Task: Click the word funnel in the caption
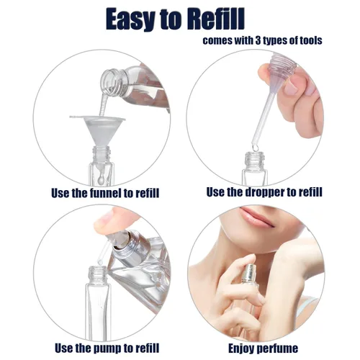tap(101, 193)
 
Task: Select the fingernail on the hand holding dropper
tap(292, 87)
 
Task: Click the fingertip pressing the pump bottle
tap(107, 225)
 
